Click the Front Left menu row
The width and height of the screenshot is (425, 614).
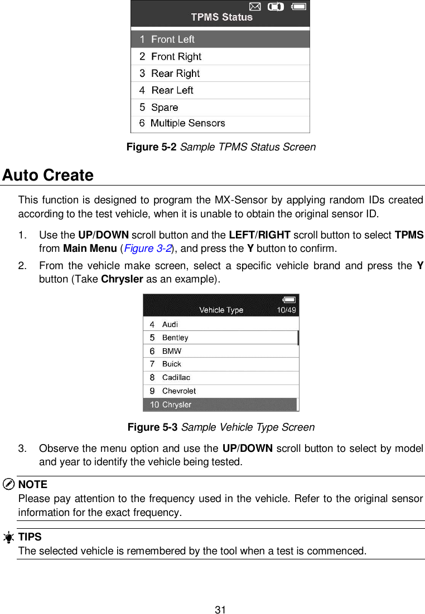pyautogui.click(x=220, y=40)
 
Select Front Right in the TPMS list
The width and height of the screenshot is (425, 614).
pyautogui.click(x=220, y=57)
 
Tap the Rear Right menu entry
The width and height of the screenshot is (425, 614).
pyautogui.click(x=220, y=74)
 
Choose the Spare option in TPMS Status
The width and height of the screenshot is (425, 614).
pyautogui.click(x=220, y=108)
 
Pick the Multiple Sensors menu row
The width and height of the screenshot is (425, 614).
pyautogui.click(x=220, y=124)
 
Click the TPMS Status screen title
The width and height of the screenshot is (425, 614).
pyautogui.click(x=221, y=17)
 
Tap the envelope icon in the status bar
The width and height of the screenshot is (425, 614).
pyautogui.click(x=254, y=7)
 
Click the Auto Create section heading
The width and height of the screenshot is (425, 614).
pyautogui.click(x=48, y=176)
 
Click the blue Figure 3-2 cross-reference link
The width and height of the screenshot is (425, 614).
pyautogui.click(x=142, y=248)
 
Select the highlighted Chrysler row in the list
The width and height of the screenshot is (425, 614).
pyautogui.click(x=220, y=405)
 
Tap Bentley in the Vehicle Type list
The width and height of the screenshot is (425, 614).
pyautogui.click(x=220, y=338)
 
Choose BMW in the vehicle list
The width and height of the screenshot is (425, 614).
pyautogui.click(x=220, y=351)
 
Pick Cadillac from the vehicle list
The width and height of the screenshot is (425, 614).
pyautogui.click(x=220, y=378)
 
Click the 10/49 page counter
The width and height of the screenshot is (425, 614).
pyautogui.click(x=286, y=310)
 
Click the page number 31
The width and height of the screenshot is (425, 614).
pyautogui.click(x=220, y=610)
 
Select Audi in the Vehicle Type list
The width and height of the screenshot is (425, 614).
pyautogui.click(x=220, y=324)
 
